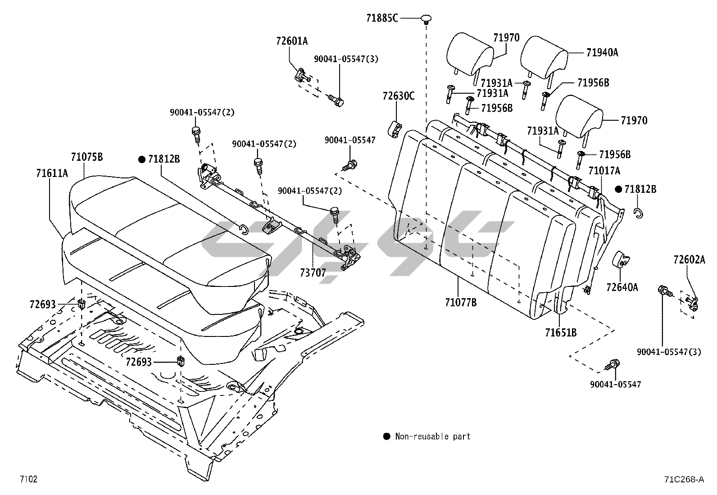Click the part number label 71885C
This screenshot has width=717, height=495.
382,18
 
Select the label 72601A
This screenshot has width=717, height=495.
292,41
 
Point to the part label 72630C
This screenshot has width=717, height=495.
399,96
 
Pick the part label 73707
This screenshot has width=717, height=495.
313,273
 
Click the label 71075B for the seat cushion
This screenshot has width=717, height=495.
87,157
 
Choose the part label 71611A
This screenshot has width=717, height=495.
52,173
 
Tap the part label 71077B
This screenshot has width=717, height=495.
461,302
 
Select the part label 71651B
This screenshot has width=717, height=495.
561,333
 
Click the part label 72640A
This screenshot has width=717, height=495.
622,287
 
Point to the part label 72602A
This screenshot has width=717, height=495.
690,259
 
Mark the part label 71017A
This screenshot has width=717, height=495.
604,171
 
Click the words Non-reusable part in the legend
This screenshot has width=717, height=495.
433,436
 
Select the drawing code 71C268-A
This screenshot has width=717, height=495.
684,479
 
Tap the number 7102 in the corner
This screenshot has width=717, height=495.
28,479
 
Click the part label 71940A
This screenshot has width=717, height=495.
603,53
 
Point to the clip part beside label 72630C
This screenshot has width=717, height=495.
395,129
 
